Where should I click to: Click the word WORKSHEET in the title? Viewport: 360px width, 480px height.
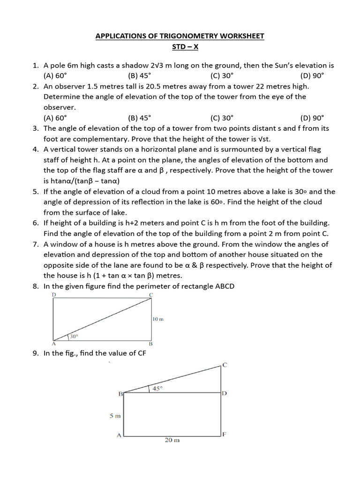(238, 36)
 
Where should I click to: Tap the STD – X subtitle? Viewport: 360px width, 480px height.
(180, 47)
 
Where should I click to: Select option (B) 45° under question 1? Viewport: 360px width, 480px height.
(139, 76)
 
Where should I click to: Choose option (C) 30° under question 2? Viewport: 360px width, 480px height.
(222, 118)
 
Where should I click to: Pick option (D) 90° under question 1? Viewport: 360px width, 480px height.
(312, 76)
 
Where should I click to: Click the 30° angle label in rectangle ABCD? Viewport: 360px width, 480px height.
(74, 336)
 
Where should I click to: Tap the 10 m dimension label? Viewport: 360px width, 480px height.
(157, 319)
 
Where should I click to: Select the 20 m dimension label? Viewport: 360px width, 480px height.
(172, 440)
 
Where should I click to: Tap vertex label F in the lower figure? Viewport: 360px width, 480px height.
(224, 434)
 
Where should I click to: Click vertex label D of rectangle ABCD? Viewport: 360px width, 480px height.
(54, 294)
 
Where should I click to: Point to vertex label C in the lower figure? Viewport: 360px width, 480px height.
(225, 365)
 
